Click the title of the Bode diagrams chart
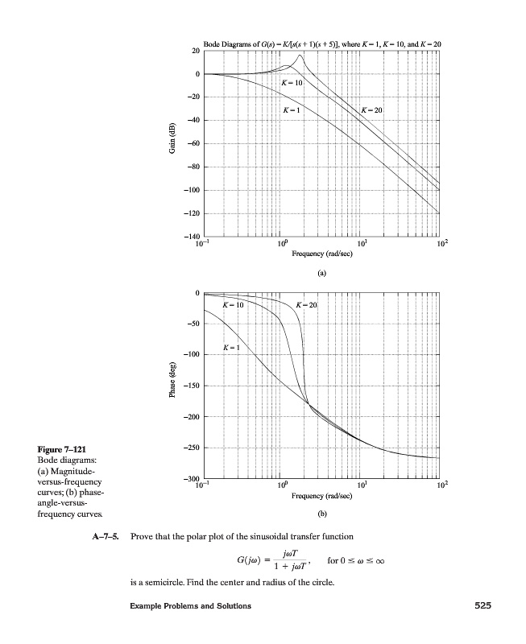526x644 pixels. [x=321, y=42]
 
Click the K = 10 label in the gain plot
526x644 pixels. [x=291, y=84]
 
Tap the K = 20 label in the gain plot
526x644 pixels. [x=371, y=109]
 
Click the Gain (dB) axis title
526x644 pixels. [x=172, y=144]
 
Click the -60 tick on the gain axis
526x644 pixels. [x=193, y=144]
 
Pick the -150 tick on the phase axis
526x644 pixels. [x=192, y=386]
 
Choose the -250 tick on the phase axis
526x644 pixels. [x=192, y=448]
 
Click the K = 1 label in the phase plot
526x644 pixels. [x=230, y=348]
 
